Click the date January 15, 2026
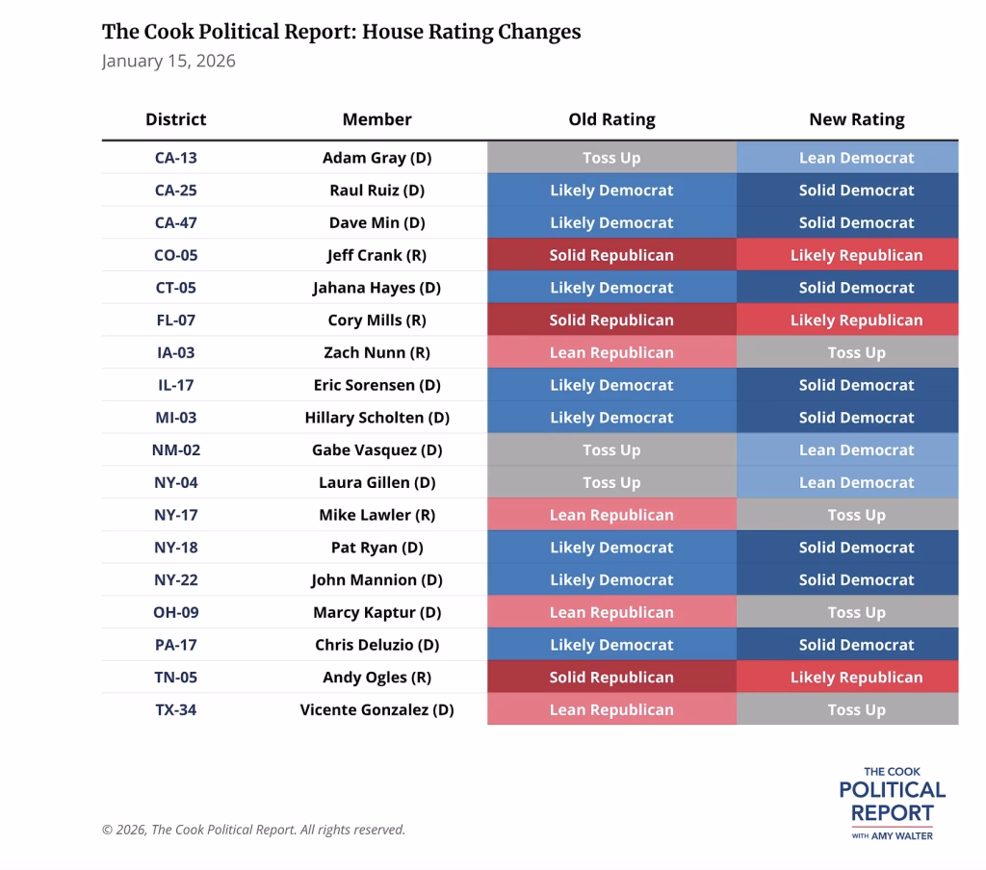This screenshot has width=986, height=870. pos(169,62)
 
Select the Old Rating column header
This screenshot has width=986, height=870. pos(611,119)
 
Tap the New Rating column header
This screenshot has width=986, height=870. pos(856,119)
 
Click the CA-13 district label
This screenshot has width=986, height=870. pos(175,158)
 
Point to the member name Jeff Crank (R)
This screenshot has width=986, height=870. pos(376,255)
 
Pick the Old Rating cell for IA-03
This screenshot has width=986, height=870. pos(611,352)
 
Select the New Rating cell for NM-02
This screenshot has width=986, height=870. pos(856,449)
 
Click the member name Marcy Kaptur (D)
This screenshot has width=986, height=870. pos(376,612)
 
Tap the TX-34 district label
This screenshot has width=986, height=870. pos(175,709)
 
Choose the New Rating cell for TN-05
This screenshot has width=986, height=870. pos(856,678)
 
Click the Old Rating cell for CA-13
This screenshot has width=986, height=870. pos(611,158)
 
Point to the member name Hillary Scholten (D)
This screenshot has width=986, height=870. pos(376,418)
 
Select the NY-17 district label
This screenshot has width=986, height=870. pos(175,515)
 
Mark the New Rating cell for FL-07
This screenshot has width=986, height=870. pos(856,320)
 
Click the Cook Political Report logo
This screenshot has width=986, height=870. pos(892,803)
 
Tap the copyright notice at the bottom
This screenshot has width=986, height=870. pos(253,830)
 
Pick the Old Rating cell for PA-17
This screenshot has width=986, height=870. pos(611,645)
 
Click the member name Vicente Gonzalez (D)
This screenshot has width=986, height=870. pos(376,709)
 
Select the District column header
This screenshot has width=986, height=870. pos(175,119)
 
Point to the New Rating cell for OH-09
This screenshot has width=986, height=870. pos(856,612)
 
